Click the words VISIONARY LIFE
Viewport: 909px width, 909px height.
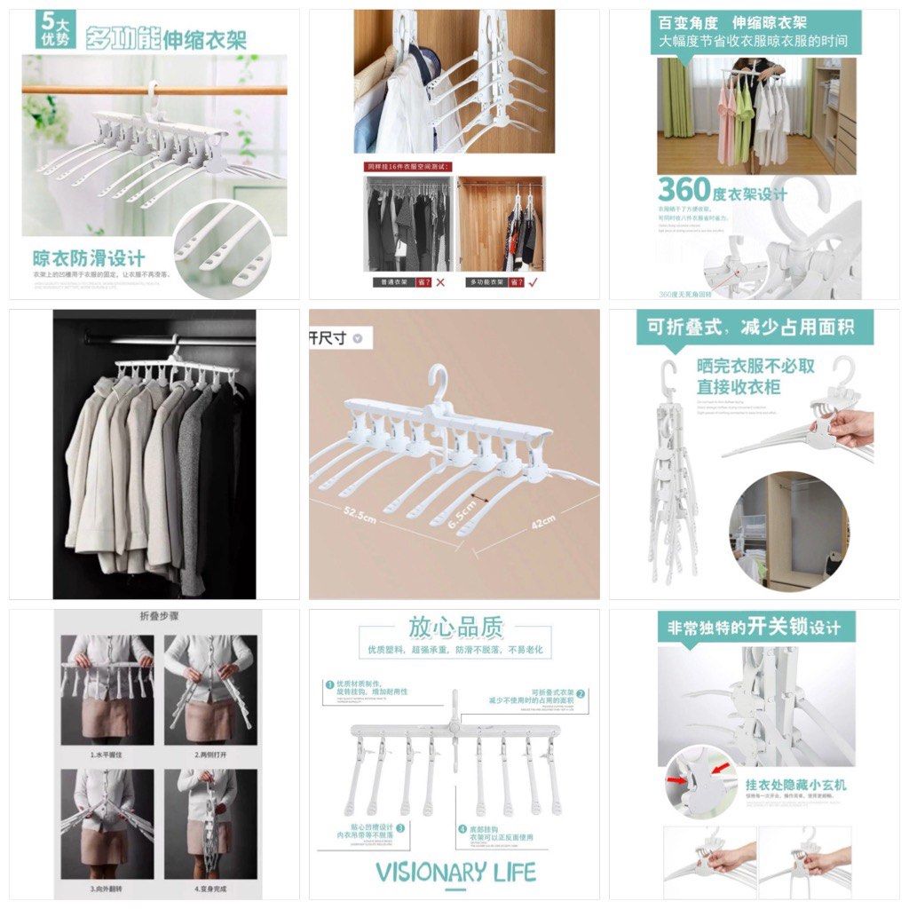[454, 872]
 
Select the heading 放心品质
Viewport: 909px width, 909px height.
[454, 628]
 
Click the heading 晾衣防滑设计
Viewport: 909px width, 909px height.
[89, 258]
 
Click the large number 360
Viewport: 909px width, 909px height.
[684, 190]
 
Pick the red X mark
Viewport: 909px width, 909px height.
[440, 282]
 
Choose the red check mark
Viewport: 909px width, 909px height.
[533, 282]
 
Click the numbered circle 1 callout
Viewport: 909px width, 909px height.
[328, 684]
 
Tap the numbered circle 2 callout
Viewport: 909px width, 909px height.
[581, 693]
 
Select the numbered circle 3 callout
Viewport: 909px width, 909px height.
[400, 827]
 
